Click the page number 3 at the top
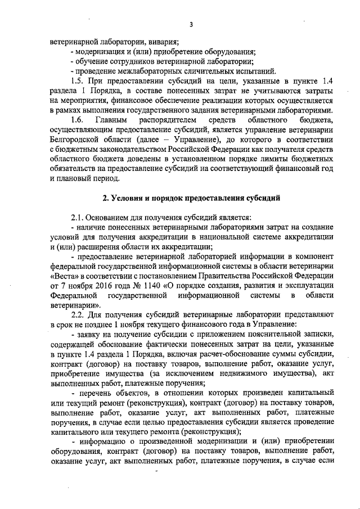point(191,24)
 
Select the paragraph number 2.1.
point(78,217)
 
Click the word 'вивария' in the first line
point(164,42)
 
